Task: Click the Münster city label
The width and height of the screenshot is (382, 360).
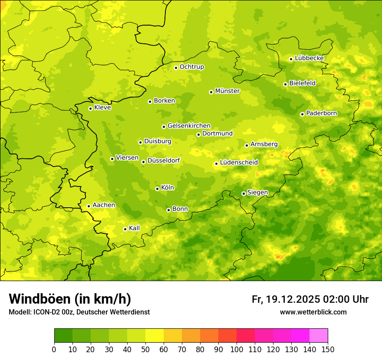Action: [x=227, y=91]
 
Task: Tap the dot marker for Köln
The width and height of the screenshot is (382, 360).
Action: [x=157, y=189]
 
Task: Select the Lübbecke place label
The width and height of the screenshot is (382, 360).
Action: [x=309, y=58]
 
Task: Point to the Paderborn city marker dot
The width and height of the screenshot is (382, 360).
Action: [x=302, y=114]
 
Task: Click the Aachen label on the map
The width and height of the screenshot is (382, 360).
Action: [x=104, y=205]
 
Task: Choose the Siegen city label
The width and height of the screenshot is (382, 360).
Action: [x=257, y=193]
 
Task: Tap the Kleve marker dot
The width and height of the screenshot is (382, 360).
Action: [x=90, y=108]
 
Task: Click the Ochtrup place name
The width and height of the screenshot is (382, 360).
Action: [x=192, y=67]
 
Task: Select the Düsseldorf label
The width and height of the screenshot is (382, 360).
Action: [x=164, y=160]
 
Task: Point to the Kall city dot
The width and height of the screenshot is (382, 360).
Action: [x=125, y=229]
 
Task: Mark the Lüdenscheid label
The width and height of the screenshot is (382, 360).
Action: [x=239, y=163]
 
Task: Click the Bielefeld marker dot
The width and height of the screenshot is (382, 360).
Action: [x=285, y=84]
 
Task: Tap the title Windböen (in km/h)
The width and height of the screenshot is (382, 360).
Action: [x=70, y=299]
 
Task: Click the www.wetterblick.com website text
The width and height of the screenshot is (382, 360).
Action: [x=313, y=312]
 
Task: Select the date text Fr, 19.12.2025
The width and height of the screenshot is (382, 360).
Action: [x=286, y=299]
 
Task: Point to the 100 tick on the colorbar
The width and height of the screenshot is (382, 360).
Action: [x=237, y=349]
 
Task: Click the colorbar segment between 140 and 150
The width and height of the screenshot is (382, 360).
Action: [x=319, y=336]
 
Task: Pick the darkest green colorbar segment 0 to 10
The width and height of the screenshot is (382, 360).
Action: [x=63, y=336]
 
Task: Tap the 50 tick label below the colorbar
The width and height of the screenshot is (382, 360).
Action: [x=145, y=349]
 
